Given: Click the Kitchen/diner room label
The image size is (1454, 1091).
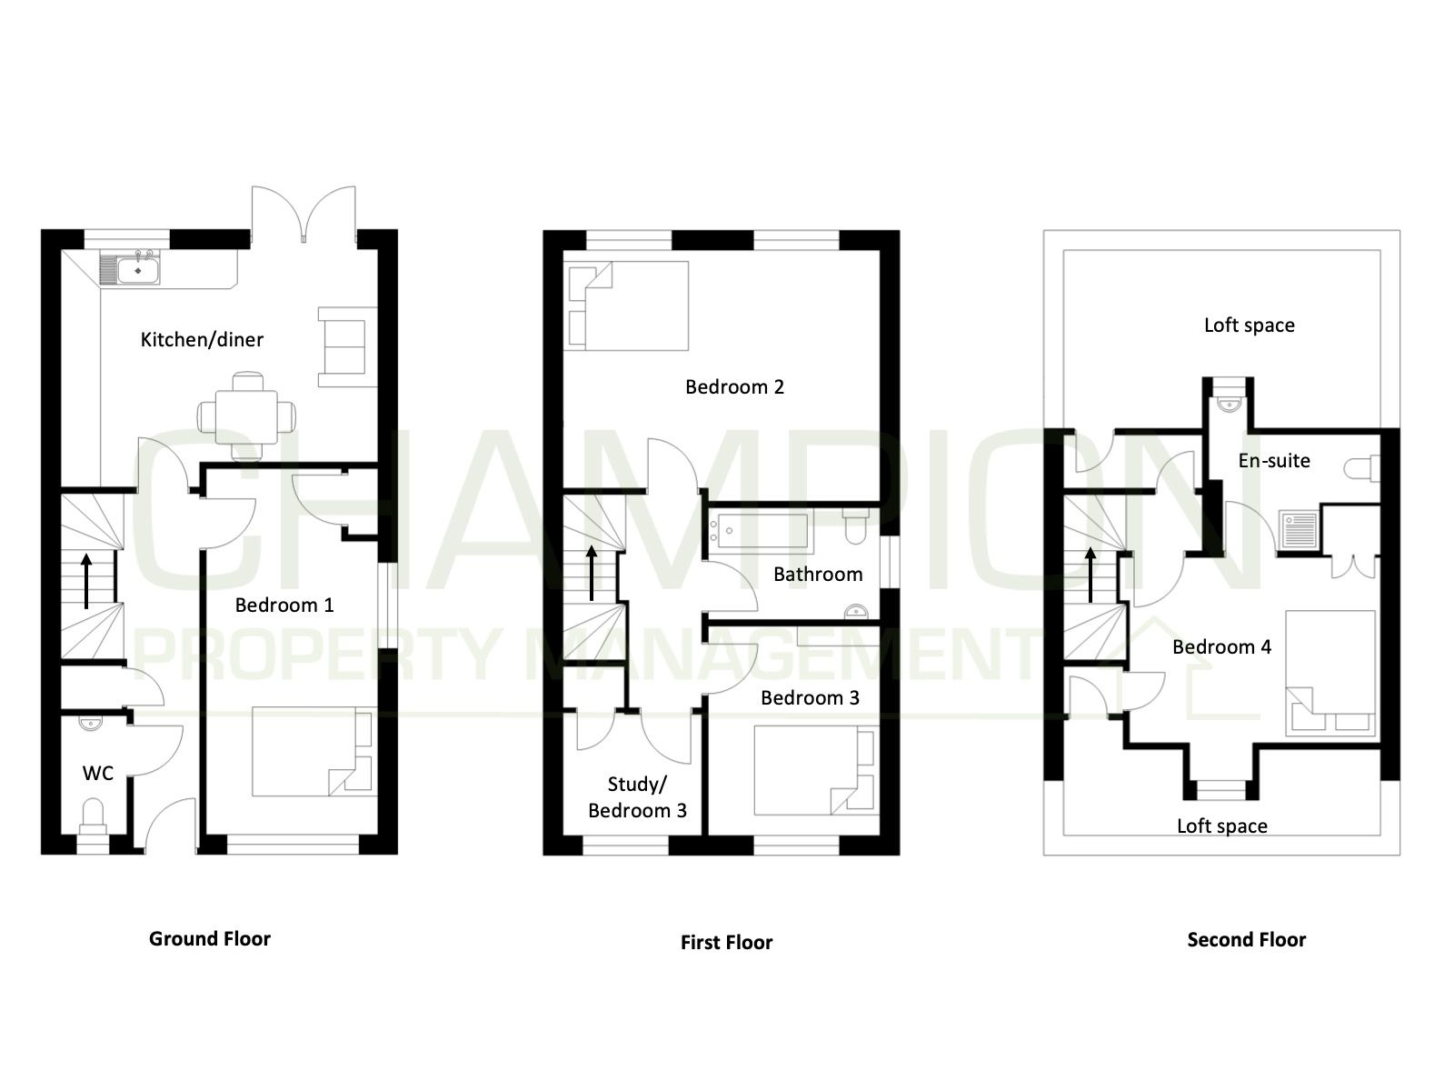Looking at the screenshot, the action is [202, 340].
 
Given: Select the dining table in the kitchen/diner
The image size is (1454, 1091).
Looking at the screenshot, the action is [246, 416].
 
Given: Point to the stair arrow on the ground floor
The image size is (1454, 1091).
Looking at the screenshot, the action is [86, 581].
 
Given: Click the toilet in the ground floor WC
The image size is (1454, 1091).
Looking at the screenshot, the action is [93, 816].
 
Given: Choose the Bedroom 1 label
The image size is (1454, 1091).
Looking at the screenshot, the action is [284, 605].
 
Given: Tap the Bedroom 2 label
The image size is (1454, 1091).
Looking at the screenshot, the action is [734, 387].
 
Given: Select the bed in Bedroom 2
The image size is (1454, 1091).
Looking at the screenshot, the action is [626, 305].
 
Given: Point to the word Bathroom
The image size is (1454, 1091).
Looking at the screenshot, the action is [818, 575].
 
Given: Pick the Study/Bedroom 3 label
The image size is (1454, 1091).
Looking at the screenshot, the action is [637, 797].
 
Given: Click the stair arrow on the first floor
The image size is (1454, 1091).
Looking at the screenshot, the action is [592, 573].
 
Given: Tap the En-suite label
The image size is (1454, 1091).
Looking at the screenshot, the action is [1274, 460].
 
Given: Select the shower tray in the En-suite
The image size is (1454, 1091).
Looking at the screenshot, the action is [1298, 529].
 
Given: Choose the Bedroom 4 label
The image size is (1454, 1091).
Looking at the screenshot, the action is [1221, 646].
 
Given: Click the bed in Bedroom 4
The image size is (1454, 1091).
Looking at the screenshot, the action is [1330, 674].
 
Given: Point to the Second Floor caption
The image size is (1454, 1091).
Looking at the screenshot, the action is [1246, 939].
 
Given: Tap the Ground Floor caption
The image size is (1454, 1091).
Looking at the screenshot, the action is [209, 938].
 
